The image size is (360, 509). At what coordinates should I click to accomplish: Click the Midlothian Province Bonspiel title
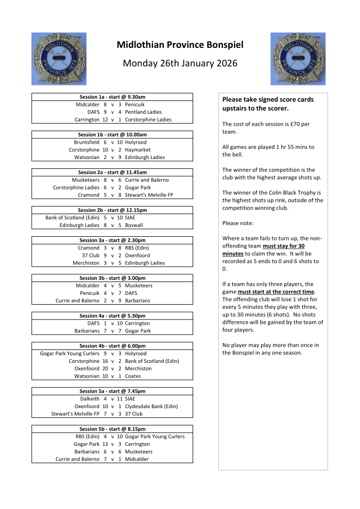click(x=180, y=45)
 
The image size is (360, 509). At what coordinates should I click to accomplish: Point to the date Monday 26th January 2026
click(x=180, y=63)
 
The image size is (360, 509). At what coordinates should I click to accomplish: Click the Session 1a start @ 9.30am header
click(x=112, y=97)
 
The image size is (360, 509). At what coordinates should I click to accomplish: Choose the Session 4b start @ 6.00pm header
click(x=112, y=346)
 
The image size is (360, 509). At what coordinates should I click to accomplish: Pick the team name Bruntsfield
click(x=87, y=142)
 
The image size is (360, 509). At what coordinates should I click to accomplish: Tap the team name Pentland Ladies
click(x=143, y=112)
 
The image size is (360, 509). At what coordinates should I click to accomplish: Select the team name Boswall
click(x=134, y=225)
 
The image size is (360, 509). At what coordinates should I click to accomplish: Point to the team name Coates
click(x=133, y=376)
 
